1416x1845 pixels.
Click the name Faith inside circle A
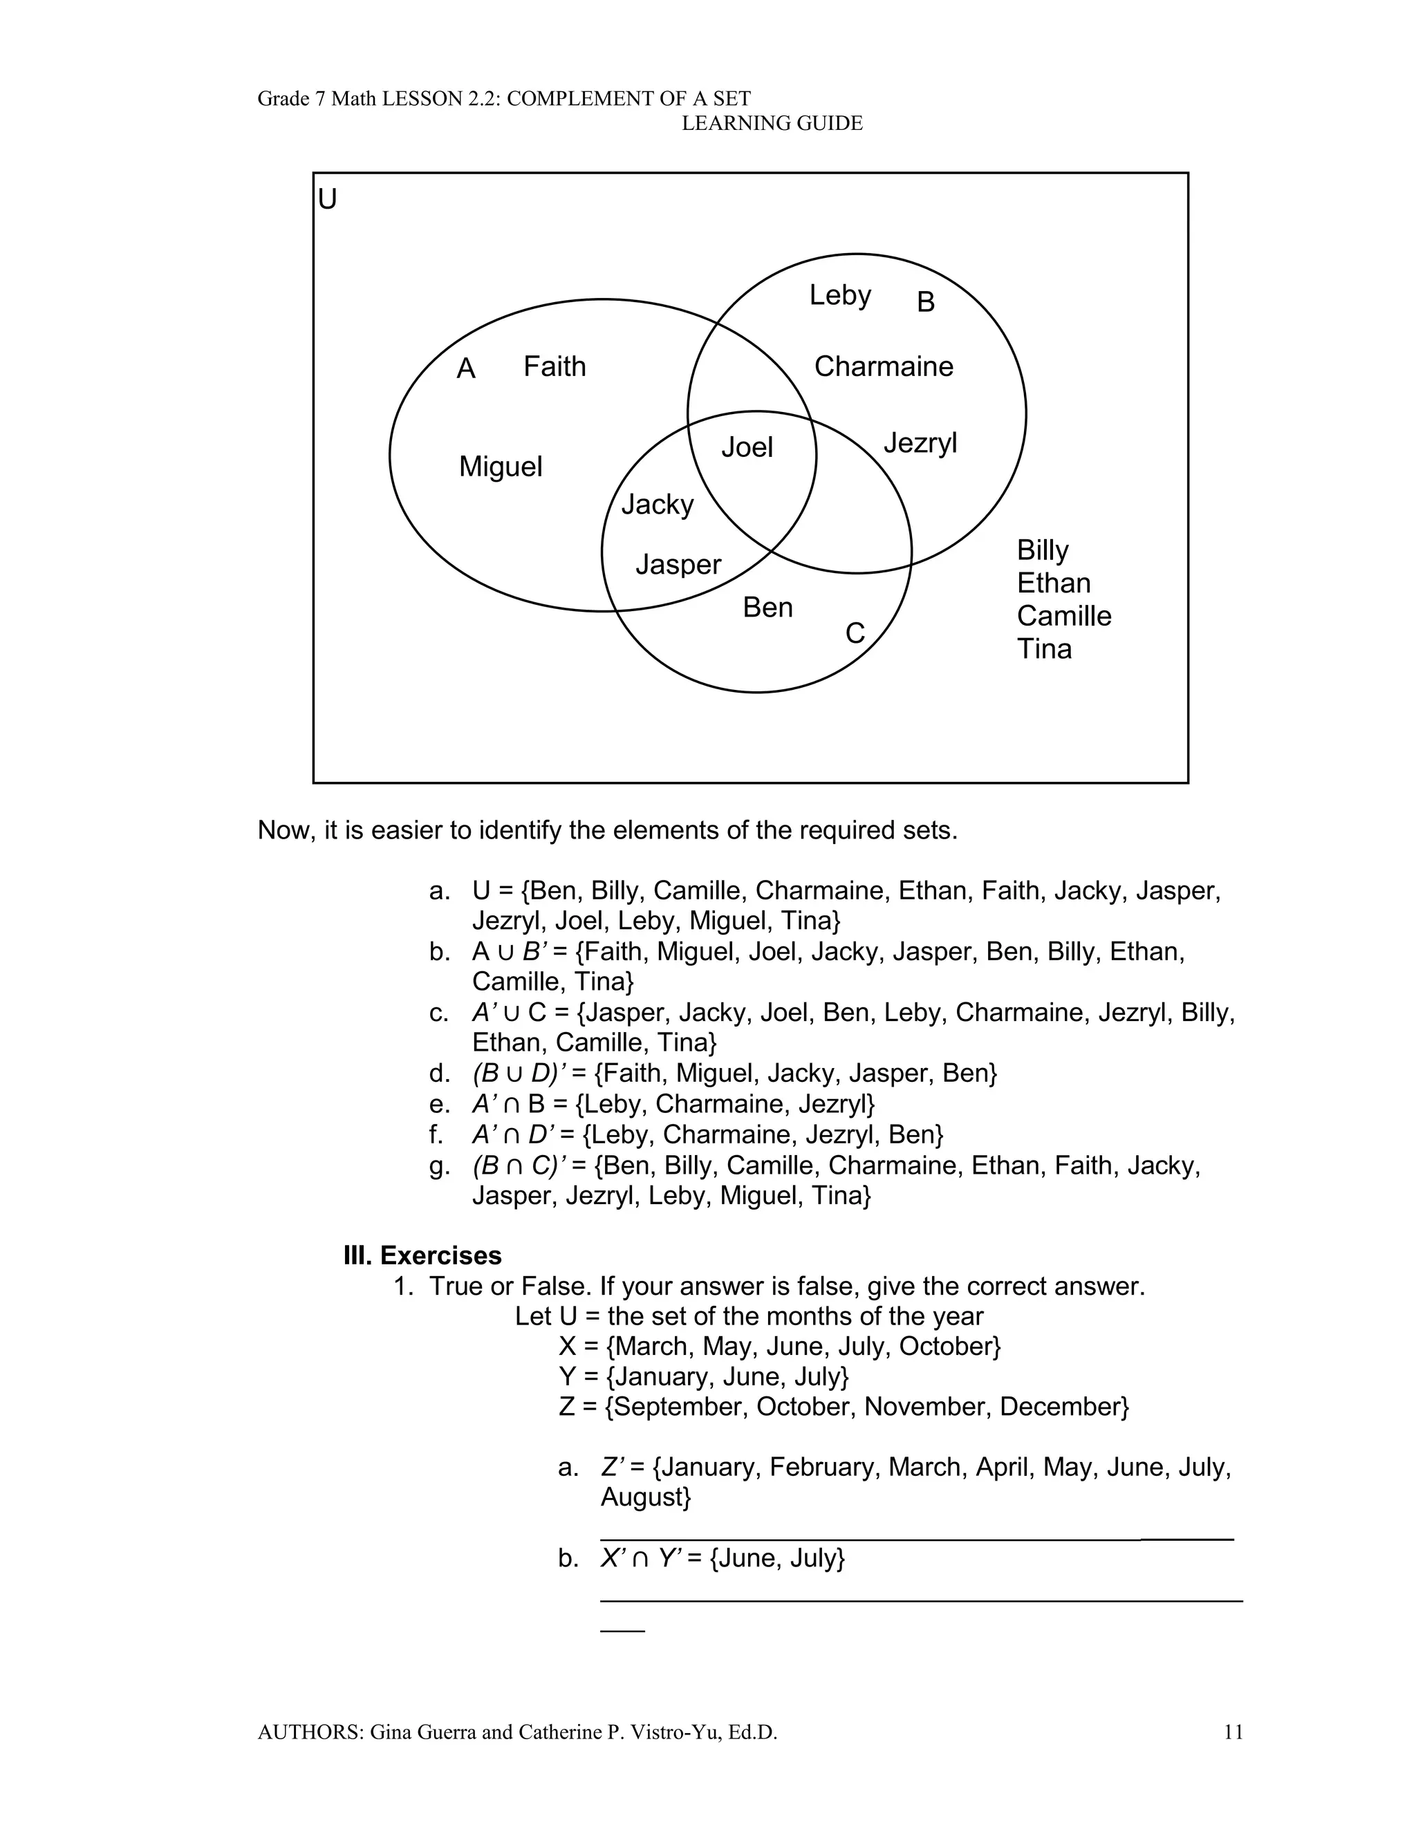554,366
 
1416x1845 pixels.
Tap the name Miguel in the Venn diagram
501,467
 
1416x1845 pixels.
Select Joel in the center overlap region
747,447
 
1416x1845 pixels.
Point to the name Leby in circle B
839,295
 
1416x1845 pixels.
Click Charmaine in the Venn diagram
884,366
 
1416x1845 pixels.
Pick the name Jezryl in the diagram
920,443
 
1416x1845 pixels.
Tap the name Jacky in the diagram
658,505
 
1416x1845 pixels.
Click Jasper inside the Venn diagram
678,565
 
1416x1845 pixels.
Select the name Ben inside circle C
767,608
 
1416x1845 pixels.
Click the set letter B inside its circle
926,303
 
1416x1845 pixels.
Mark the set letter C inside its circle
855,633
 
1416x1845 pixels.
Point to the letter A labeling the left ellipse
466,369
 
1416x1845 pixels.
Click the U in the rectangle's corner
327,200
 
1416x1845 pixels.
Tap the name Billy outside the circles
1043,550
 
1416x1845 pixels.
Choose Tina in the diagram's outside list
1044,648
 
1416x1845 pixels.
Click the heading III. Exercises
422,1255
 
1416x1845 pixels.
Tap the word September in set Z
677,1406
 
